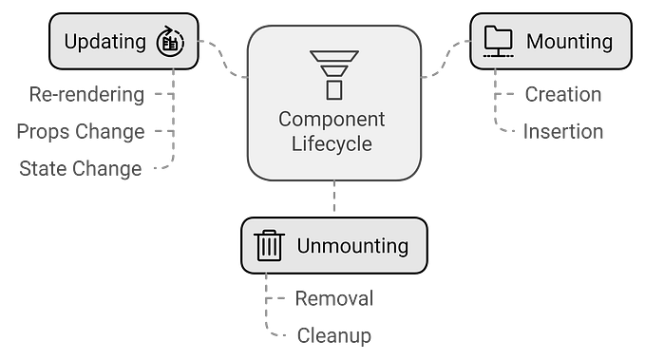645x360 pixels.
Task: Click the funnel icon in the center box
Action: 332,73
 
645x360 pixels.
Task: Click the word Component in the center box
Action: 332,120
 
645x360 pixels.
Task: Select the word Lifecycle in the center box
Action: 332,145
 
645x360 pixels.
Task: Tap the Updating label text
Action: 104,42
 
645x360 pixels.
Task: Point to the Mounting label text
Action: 569,42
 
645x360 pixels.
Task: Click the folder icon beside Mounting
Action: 497,41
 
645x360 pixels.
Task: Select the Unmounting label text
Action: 352,246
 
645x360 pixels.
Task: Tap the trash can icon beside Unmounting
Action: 270,246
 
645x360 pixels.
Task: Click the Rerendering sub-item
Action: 86,95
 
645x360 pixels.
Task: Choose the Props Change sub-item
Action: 80,132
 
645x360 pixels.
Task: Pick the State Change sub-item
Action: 81,169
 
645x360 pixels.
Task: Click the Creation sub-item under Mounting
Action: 562,95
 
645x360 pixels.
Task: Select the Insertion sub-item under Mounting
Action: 562,132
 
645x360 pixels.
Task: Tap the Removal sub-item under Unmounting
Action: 332,299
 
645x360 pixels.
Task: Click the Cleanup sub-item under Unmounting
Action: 332,335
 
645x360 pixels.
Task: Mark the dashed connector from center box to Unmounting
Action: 332,199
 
